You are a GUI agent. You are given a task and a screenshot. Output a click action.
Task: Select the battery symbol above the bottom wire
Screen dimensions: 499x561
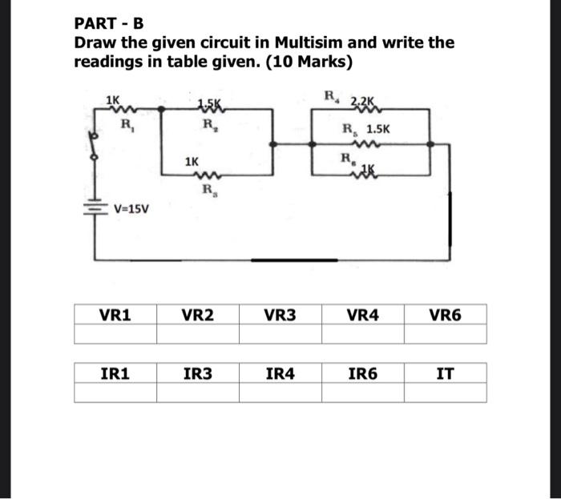pyautogui.click(x=94, y=205)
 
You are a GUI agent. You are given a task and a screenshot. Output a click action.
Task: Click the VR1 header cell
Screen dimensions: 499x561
pyautogui.click(x=115, y=316)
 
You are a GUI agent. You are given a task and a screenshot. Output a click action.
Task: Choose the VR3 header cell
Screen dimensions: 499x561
pyautogui.click(x=280, y=316)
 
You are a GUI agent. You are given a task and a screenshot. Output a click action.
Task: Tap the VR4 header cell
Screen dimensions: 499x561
pyautogui.click(x=362, y=316)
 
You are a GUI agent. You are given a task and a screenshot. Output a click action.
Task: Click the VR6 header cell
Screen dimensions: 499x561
pyautogui.click(x=445, y=316)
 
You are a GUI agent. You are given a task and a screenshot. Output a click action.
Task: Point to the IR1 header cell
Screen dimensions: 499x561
pyautogui.click(x=115, y=372)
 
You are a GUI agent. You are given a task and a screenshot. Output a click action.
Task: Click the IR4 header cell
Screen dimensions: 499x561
pyautogui.click(x=280, y=372)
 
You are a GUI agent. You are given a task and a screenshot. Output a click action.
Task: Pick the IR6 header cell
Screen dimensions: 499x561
pyautogui.click(x=362, y=372)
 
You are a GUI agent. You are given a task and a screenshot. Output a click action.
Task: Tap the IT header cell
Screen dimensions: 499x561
pyautogui.click(x=445, y=372)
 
